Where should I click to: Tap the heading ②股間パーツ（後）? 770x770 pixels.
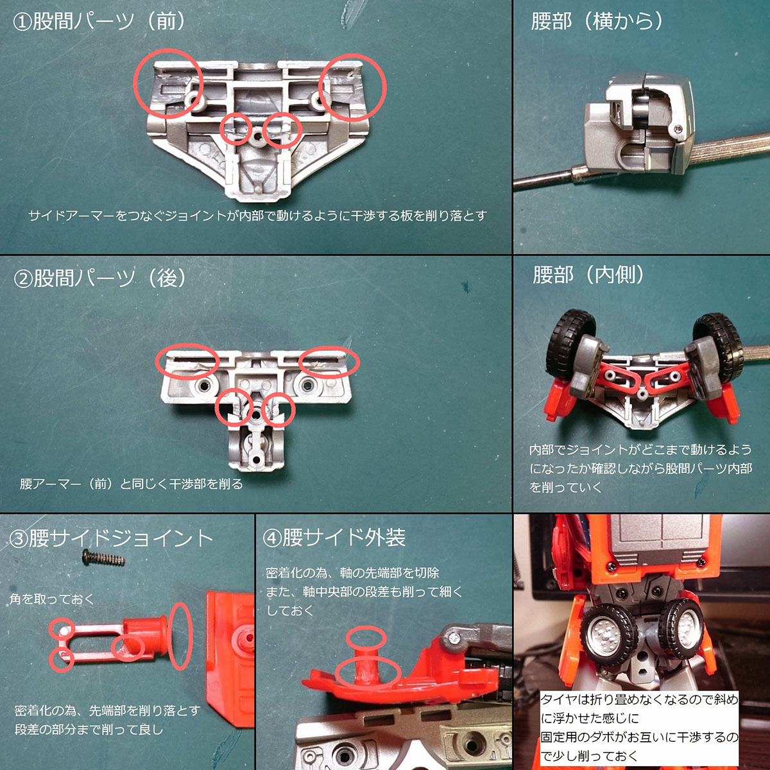coord(100,278)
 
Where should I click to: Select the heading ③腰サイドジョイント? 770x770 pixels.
coord(111,538)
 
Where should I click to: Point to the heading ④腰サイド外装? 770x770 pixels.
coord(334,537)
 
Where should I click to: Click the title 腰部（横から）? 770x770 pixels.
coord(597,21)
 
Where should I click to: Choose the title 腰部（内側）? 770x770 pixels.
coord(588,275)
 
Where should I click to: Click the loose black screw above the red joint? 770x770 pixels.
coord(103,558)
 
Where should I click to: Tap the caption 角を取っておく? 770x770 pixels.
coord(51,599)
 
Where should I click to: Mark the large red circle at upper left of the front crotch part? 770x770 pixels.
coord(168,83)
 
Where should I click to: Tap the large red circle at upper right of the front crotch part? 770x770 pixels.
coord(352,87)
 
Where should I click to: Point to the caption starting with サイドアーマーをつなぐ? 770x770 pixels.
coord(257,216)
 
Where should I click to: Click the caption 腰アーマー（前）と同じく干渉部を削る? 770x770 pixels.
coord(131,484)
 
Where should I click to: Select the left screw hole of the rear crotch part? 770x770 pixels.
coord(204,386)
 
